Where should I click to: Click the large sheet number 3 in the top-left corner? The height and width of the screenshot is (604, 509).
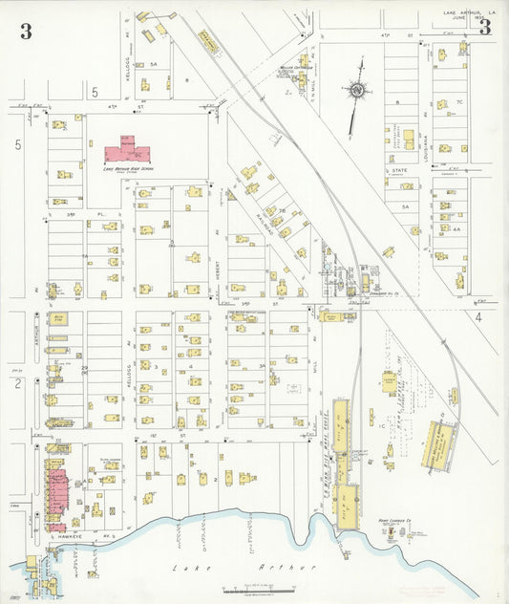pos(25,31)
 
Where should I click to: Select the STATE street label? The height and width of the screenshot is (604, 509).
pos(398,171)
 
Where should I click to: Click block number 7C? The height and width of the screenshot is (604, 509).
pos(459,101)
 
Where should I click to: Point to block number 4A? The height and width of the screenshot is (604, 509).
pos(456,229)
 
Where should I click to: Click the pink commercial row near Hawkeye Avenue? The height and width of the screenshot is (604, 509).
pos(55,492)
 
